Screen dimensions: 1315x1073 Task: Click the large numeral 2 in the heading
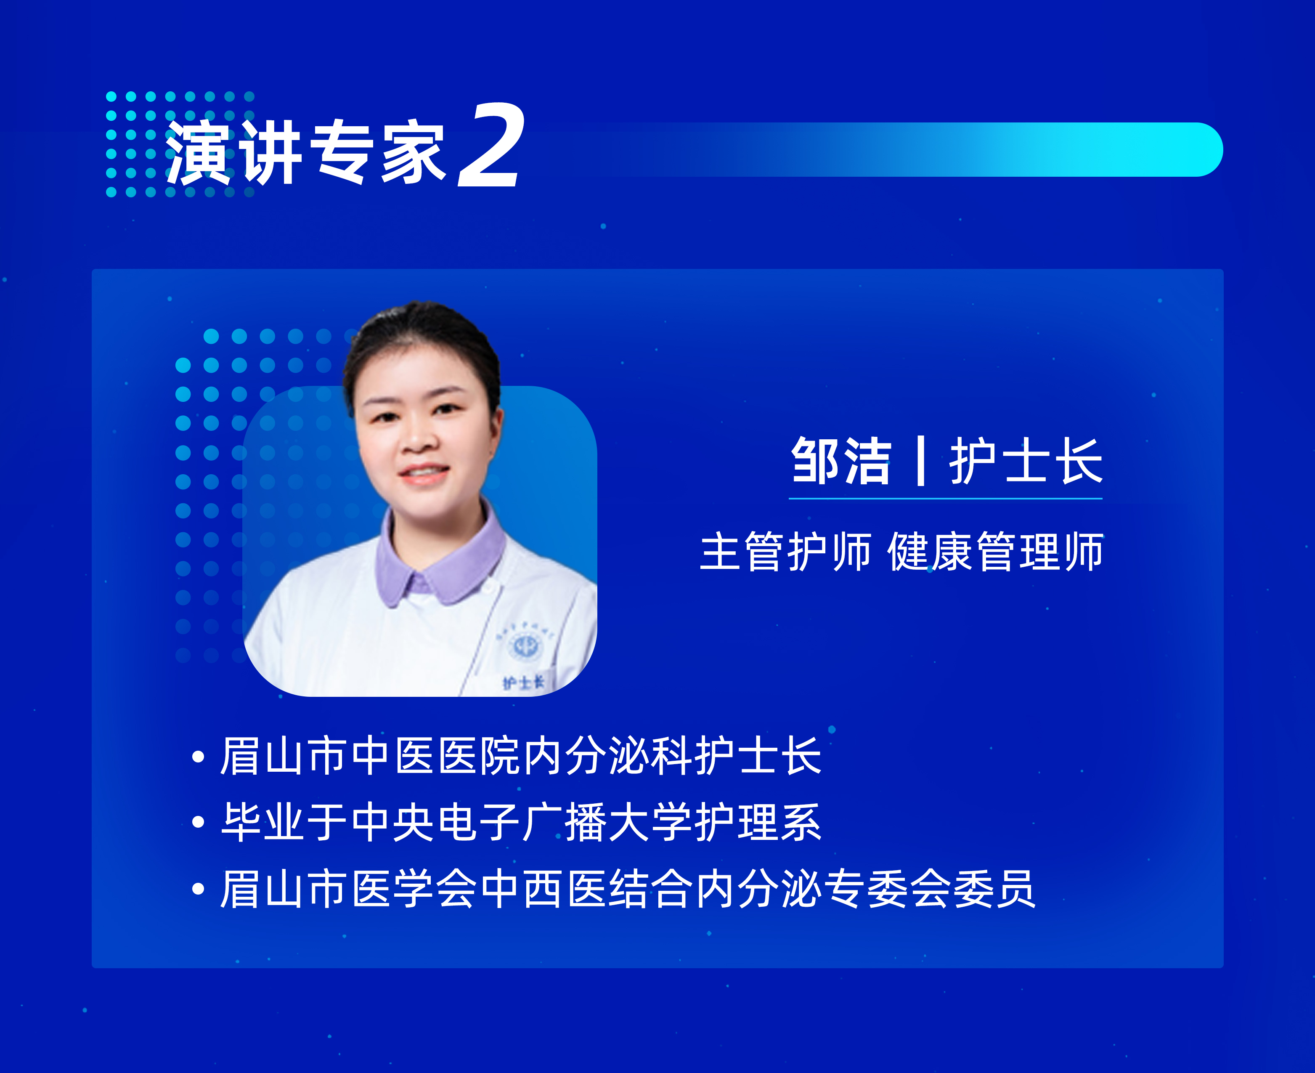(491, 145)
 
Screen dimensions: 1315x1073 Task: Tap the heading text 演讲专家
(306, 151)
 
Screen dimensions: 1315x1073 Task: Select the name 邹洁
(840, 461)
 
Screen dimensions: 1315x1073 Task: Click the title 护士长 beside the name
(1026, 461)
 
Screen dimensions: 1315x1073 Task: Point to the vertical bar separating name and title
(921, 461)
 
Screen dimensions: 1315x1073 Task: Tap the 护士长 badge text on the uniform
(523, 683)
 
